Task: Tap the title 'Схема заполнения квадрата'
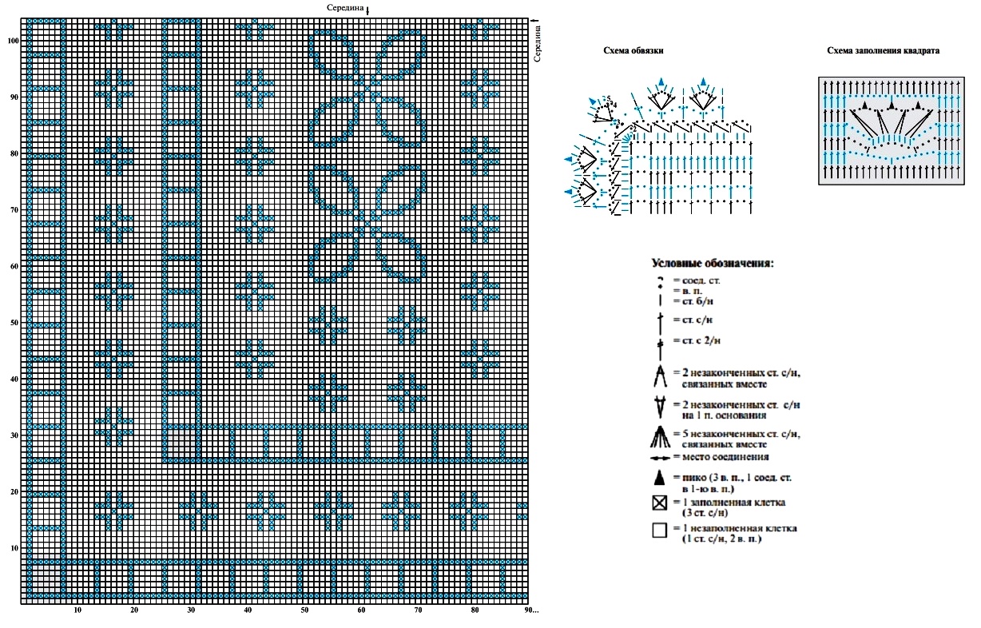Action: coord(883,50)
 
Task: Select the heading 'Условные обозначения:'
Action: coord(713,263)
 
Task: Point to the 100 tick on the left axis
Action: coord(13,40)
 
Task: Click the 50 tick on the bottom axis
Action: coord(304,610)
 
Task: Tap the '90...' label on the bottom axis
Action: coord(531,610)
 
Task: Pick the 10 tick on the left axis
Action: coord(14,548)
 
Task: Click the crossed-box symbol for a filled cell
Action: coord(659,503)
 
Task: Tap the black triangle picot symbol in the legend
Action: coord(659,478)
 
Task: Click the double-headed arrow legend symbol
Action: coord(659,458)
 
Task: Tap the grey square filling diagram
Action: coord(888,131)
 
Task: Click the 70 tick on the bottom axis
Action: coord(418,610)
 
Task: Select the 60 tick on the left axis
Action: coord(14,266)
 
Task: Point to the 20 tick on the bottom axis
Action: coord(134,610)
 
